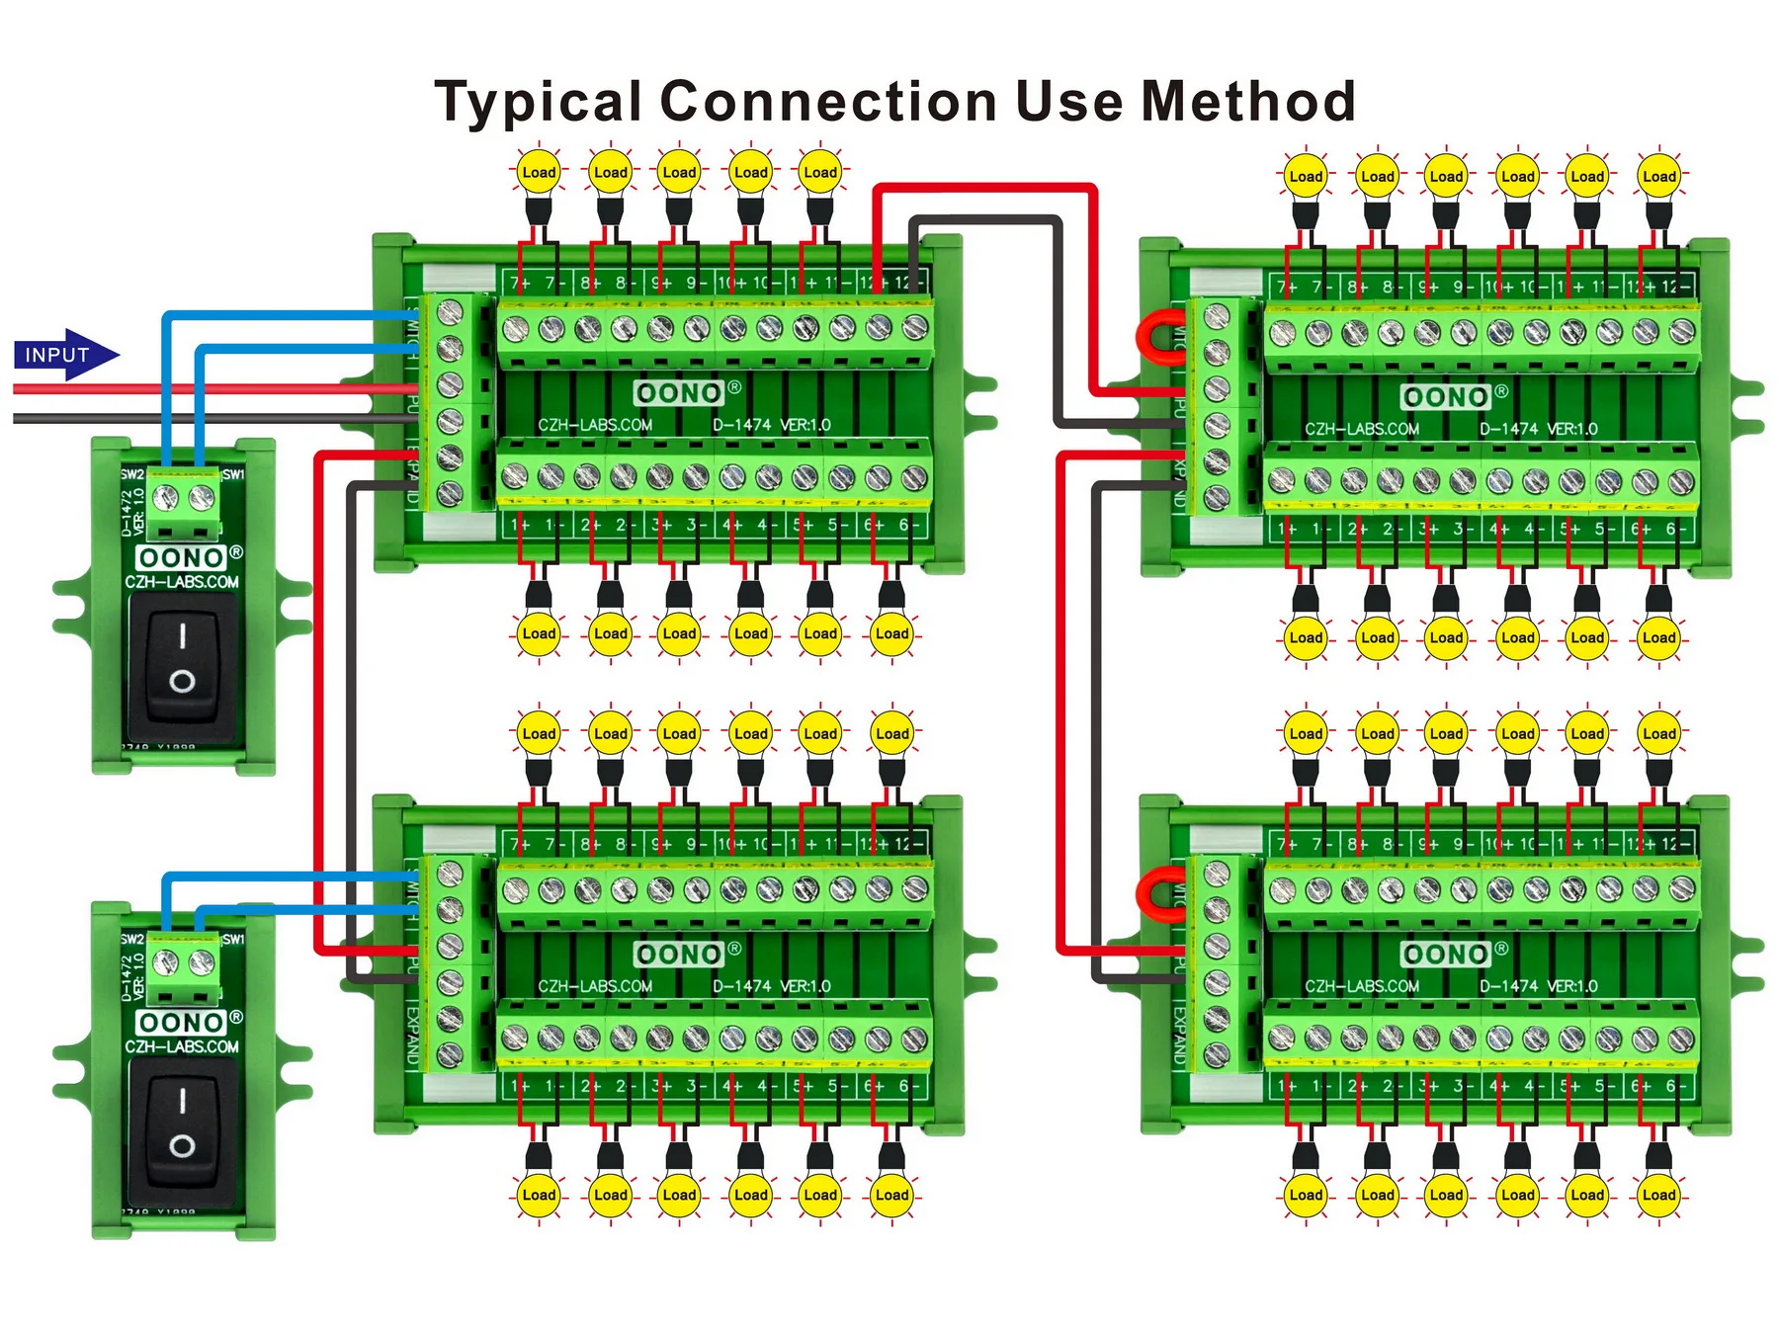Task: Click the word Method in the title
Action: click(1247, 102)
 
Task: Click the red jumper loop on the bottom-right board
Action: click(1157, 894)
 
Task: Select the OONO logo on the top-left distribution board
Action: click(680, 393)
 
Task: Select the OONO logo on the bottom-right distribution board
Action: click(1446, 954)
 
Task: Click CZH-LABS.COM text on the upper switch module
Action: click(182, 582)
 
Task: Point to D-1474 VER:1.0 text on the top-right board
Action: click(1538, 429)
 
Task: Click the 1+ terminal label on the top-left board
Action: click(520, 526)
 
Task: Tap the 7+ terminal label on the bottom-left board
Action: click(520, 844)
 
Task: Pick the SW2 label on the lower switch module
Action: click(131, 939)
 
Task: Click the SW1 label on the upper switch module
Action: click(233, 474)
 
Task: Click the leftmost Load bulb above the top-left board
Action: click(539, 173)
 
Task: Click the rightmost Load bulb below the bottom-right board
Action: click(1658, 1195)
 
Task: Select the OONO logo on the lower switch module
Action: click(182, 1022)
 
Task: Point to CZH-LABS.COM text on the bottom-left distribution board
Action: click(595, 986)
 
